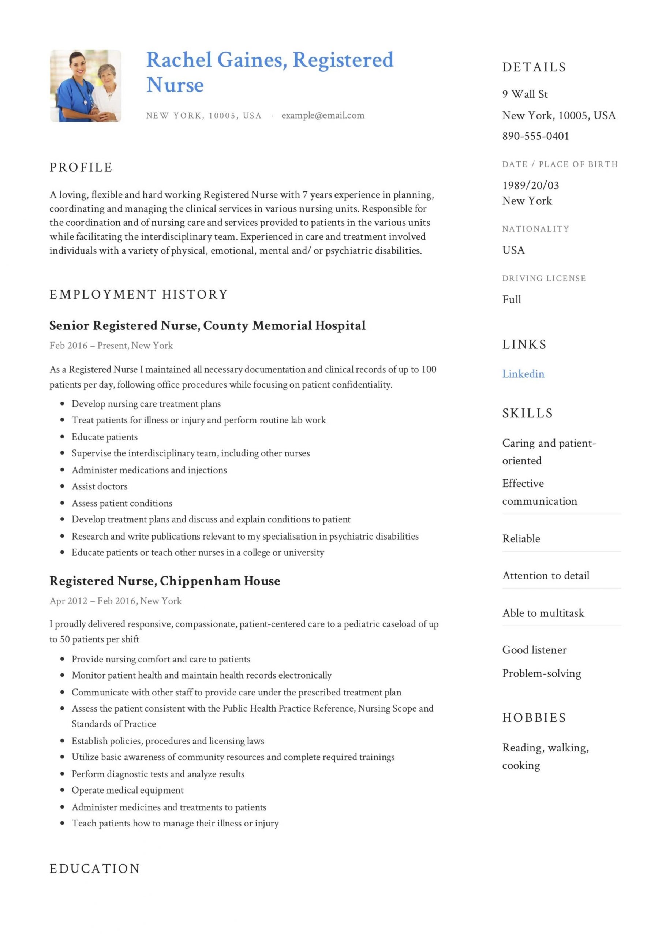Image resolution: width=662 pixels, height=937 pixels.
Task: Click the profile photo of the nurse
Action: tap(85, 86)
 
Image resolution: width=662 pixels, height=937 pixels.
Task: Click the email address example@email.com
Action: tap(322, 116)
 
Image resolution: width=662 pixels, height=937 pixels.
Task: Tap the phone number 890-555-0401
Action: tap(535, 136)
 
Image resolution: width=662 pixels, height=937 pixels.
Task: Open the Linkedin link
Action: tap(523, 374)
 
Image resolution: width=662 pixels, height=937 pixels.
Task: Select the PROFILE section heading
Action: tap(81, 167)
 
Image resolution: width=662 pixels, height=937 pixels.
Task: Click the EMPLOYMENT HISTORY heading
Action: tap(138, 294)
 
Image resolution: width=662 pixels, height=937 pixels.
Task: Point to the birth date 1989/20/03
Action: tap(530, 186)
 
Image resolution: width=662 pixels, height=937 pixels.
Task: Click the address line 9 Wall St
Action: tap(524, 94)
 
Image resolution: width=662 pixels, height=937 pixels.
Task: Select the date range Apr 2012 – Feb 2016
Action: tap(93, 601)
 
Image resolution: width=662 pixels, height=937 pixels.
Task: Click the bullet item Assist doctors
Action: tap(99, 486)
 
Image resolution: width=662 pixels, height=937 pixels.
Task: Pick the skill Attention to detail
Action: tap(545, 576)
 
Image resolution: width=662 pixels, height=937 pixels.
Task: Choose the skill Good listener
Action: tap(534, 650)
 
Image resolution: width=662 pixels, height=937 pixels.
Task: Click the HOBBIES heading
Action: tap(534, 717)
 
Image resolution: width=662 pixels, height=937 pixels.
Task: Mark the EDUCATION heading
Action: tap(95, 869)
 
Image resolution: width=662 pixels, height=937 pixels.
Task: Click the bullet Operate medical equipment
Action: tap(127, 790)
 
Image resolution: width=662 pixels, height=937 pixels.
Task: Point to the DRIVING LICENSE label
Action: tap(544, 278)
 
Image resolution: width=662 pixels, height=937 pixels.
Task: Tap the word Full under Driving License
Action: tap(511, 299)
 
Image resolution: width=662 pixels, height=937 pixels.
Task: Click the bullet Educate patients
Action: tap(105, 437)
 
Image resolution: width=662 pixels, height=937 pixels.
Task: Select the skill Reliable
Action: tap(521, 539)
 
